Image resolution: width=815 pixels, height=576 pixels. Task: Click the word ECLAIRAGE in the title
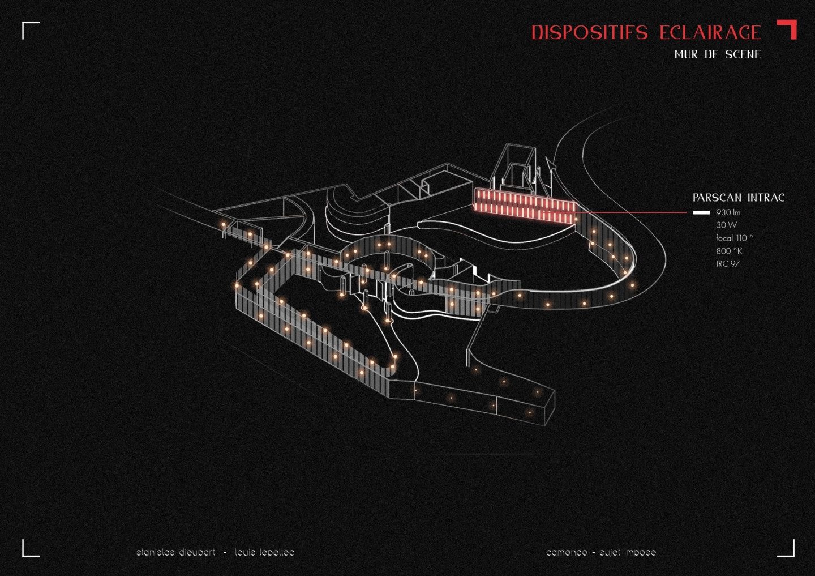(710, 33)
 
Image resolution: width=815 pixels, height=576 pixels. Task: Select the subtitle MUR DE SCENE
(717, 55)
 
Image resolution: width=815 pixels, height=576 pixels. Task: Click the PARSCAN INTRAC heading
(738, 198)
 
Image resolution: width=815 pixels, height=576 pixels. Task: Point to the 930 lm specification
(728, 213)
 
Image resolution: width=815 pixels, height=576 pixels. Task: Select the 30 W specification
(726, 225)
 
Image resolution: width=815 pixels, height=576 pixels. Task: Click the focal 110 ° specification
(734, 238)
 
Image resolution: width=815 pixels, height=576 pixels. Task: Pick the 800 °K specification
(729, 251)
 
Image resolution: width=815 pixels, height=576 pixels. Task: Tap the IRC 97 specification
(727, 264)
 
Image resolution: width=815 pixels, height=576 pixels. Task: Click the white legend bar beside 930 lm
(701, 213)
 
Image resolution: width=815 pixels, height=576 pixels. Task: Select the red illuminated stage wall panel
(524, 206)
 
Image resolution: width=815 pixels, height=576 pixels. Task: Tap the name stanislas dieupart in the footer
(175, 552)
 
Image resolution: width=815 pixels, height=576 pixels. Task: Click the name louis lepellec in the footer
(264, 552)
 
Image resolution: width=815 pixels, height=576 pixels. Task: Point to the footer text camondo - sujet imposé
(600, 552)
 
